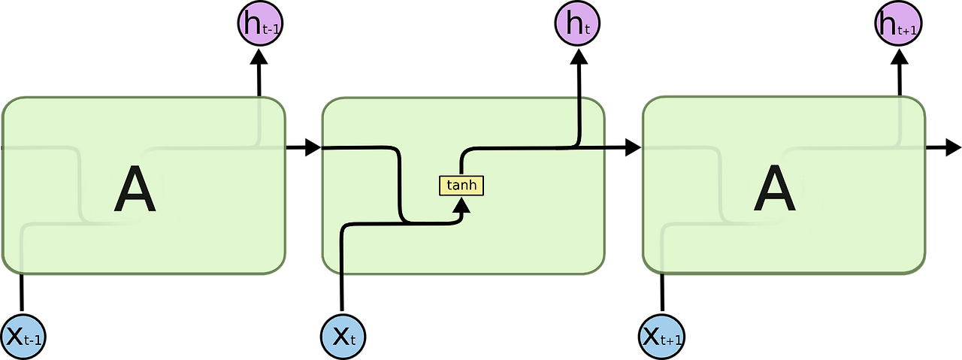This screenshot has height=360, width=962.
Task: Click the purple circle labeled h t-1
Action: pyautogui.click(x=260, y=24)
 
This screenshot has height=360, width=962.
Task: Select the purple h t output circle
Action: pyautogui.click(x=577, y=24)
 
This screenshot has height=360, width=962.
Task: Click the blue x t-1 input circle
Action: pyautogui.click(x=24, y=336)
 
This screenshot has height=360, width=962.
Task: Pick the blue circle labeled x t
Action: pyautogui.click(x=343, y=336)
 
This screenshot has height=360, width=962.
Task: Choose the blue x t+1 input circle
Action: pyautogui.click(x=662, y=336)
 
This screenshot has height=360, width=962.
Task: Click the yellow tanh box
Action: pyautogui.click(x=461, y=185)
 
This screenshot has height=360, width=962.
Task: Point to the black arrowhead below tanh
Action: pyautogui.click(x=461, y=205)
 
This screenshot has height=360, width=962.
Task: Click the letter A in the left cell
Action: pyautogui.click(x=135, y=190)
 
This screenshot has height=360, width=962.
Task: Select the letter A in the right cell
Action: pyautogui.click(x=774, y=190)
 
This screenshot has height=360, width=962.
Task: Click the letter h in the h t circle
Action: pyautogui.click(x=573, y=24)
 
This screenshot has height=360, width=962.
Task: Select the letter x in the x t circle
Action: pyautogui.click(x=339, y=337)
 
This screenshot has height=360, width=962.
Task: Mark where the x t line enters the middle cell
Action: pyautogui.click(x=343, y=274)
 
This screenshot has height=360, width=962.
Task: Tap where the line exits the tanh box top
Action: pyautogui.click(x=461, y=175)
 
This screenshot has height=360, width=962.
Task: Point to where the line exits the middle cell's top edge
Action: pyautogui.click(x=579, y=96)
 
